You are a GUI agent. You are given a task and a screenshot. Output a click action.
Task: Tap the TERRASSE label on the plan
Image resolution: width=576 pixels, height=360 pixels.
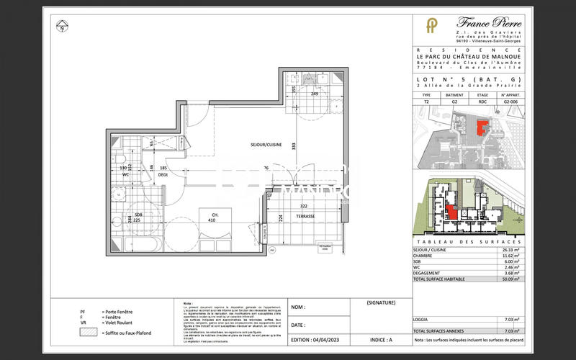pyautogui.click(x=305, y=216)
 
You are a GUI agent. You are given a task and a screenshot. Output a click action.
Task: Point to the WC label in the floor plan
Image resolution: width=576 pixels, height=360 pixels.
pyautogui.click(x=125, y=174)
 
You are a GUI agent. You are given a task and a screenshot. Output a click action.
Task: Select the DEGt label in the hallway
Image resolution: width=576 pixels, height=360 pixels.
pyautogui.click(x=163, y=174)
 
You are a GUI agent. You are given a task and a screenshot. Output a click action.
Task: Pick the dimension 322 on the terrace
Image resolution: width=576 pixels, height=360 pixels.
pyautogui.click(x=305, y=206)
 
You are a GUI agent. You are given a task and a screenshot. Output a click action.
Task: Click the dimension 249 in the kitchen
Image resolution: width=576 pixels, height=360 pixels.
pyautogui.click(x=315, y=94)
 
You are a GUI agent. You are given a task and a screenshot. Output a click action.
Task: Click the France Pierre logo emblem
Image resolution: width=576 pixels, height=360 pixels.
pyautogui.click(x=431, y=27)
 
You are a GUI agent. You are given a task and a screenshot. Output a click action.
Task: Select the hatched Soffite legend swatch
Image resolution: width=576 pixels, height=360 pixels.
pyautogui.click(x=86, y=334)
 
